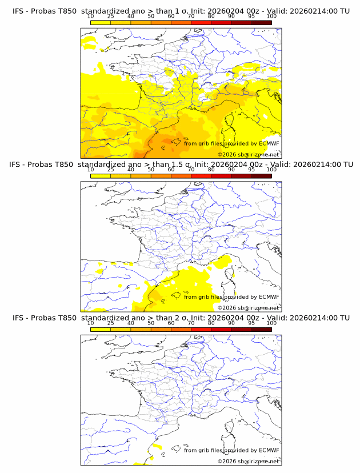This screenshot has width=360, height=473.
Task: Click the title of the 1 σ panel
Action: click(x=181, y=11)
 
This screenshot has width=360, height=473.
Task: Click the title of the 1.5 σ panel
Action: click(x=181, y=164)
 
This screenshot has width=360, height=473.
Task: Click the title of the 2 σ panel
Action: click(x=181, y=318)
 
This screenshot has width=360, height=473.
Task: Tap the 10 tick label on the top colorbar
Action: click(x=90, y=17)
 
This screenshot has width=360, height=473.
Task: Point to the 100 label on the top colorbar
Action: click(x=271, y=17)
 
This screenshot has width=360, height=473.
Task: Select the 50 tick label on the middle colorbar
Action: click(x=151, y=170)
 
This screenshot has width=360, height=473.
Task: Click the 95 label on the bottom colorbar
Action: click(x=251, y=323)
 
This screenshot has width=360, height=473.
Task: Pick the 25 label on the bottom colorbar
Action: click(x=110, y=323)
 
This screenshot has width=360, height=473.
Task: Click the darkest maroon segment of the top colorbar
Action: click(x=261, y=22)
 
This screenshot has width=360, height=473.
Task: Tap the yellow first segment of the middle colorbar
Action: click(x=100, y=175)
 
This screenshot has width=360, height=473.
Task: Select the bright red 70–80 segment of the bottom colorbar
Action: click(x=201, y=329)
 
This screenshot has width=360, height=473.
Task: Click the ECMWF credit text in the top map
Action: click(x=231, y=143)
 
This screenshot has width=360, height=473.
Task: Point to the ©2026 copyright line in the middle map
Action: click(x=248, y=307)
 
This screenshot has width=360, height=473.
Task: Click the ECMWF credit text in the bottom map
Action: click(x=231, y=450)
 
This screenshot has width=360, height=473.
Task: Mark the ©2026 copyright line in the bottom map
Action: click(x=248, y=461)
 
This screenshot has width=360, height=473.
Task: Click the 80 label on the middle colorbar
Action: click(x=211, y=170)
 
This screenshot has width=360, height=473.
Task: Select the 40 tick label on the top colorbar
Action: click(x=131, y=17)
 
